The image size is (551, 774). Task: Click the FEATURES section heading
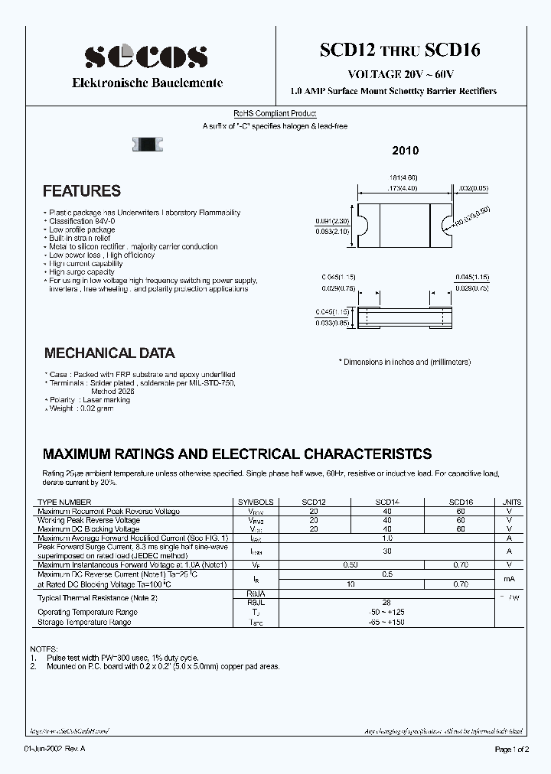[82, 191]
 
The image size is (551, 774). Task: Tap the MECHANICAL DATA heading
[109, 353]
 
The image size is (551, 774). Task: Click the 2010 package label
[406, 151]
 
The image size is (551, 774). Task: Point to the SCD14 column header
[387, 502]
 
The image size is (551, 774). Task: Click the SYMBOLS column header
[256, 502]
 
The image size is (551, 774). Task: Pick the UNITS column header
[512, 502]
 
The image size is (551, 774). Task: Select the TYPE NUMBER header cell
[64, 502]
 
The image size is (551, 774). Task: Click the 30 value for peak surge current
[387, 551]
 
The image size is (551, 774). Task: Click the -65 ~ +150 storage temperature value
[387, 623]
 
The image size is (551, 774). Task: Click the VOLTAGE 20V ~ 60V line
[401, 74]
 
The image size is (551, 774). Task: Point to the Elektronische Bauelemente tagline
[147, 83]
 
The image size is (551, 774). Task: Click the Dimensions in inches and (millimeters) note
[405, 362]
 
